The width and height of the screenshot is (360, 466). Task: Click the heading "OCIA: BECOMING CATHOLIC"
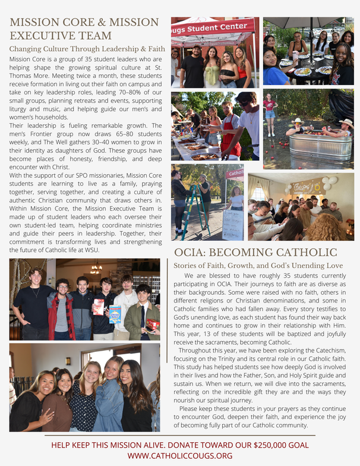263,253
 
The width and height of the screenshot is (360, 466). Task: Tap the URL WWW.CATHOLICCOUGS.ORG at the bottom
179,456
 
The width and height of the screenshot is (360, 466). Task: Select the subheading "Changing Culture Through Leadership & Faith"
87,49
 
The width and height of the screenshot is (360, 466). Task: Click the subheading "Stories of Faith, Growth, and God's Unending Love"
258,265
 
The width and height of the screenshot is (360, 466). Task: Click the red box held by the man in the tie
153,324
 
